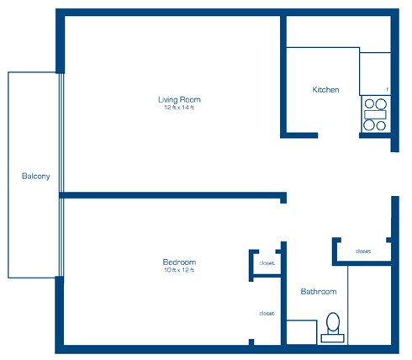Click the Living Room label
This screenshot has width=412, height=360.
point(179,99)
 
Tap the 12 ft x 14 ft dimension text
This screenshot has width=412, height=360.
point(179,108)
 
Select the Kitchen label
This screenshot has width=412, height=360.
point(325,90)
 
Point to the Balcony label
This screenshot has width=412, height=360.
point(36,176)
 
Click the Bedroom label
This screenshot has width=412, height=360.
point(179,262)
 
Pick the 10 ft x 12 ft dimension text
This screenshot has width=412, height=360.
point(179,270)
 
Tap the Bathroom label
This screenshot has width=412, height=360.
point(319,292)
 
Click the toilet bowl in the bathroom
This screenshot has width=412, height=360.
point(333,322)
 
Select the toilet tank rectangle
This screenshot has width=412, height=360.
point(332,338)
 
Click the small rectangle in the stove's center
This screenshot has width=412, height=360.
point(375,114)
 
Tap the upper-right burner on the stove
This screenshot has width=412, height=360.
point(381,104)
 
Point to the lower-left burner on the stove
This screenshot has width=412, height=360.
point(369,125)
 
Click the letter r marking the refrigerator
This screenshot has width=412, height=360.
point(388,90)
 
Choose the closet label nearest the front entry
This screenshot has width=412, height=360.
point(363,251)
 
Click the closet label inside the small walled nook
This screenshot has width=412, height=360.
point(267,263)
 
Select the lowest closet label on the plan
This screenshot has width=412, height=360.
point(267,314)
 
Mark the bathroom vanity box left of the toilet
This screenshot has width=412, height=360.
point(302,332)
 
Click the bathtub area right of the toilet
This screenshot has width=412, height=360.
point(369,305)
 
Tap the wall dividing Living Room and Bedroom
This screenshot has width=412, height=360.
point(173,195)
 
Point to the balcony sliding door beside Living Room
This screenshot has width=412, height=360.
point(61,133)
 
